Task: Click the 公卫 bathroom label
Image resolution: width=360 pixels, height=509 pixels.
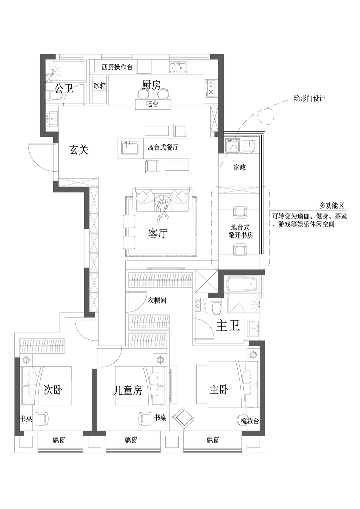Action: click(x=64, y=88)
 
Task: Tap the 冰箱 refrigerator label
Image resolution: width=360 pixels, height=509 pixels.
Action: click(x=99, y=86)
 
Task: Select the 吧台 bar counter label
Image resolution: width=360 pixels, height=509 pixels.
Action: click(x=152, y=104)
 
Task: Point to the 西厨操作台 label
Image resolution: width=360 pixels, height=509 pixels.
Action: click(x=117, y=67)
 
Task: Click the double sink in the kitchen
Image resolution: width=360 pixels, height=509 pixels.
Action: click(x=178, y=67)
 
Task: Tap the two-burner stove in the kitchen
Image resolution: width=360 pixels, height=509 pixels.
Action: click(x=211, y=89)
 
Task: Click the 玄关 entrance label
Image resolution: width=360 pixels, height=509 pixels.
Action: click(x=79, y=150)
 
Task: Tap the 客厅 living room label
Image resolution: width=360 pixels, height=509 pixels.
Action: click(x=158, y=233)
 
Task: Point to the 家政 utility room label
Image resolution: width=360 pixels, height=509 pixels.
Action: click(x=240, y=167)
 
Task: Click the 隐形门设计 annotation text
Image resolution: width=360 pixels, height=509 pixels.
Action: click(x=310, y=99)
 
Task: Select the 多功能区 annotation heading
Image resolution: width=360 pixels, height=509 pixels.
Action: click(x=332, y=206)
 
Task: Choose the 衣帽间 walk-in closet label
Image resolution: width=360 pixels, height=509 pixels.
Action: click(x=157, y=301)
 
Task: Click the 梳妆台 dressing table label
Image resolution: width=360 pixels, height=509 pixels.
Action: click(x=250, y=421)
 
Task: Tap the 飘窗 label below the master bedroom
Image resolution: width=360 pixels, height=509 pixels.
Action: click(x=213, y=440)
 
